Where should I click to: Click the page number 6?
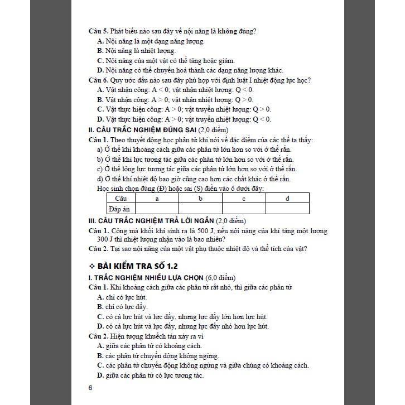click(90, 388)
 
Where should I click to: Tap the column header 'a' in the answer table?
click(157, 198)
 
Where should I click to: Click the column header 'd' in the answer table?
click(287, 198)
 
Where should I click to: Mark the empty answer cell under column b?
click(200, 209)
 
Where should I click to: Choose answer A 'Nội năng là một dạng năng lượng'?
click(151, 41)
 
